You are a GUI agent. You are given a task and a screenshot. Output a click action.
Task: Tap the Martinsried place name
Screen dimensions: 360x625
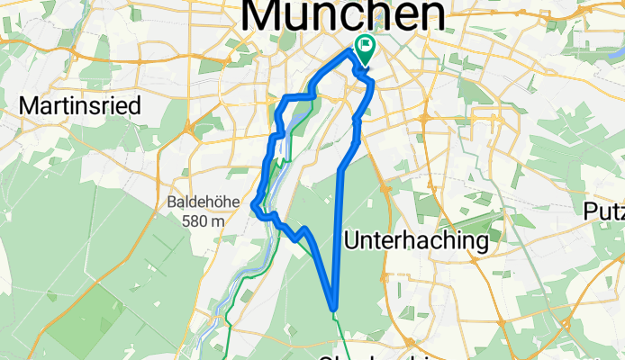point(80,106)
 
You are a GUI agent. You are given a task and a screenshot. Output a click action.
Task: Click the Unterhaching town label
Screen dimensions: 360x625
point(417,240)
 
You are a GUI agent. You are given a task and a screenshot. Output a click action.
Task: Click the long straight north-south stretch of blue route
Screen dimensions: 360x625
point(339,234)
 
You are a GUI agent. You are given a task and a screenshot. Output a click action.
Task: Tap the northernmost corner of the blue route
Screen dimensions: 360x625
point(350,53)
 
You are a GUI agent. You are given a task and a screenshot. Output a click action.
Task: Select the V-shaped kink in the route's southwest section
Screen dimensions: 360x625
point(298,238)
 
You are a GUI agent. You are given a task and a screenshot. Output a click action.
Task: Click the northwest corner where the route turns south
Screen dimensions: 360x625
point(285,96)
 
